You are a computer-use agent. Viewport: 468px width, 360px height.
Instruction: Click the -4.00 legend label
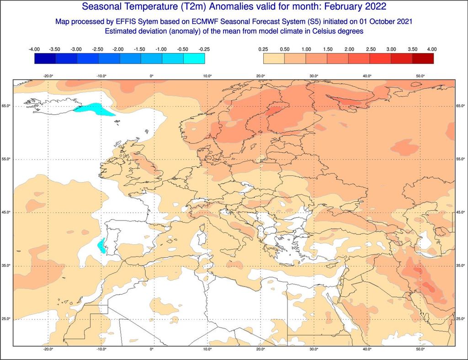coord(34,49)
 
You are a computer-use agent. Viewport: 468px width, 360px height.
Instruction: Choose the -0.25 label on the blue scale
coord(204,49)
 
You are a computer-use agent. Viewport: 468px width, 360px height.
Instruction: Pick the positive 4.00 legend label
coord(432,49)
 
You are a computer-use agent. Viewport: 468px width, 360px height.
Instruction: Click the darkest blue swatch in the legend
coord(45,59)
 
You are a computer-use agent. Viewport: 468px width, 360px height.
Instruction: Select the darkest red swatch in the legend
coord(423,59)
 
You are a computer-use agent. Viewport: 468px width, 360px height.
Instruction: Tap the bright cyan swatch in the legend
coord(194,59)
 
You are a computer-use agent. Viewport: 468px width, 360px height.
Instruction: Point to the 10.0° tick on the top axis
coord(207,76)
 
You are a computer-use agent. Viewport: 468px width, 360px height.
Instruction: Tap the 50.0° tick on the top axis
coord(420,76)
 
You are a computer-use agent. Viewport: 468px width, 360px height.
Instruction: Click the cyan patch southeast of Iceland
coord(95,109)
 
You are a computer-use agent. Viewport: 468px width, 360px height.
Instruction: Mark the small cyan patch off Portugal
coord(102,246)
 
